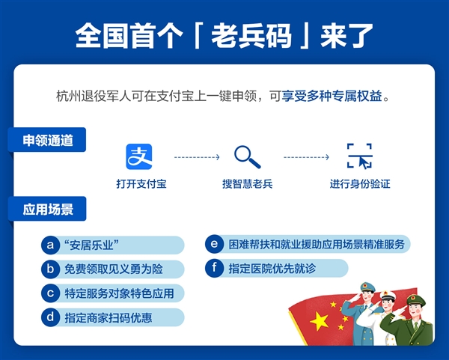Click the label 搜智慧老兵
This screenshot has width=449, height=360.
(x=247, y=183)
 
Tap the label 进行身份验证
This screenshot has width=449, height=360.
(x=360, y=183)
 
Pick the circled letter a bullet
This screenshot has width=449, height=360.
(x=51, y=245)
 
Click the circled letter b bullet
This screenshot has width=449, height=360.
(x=51, y=268)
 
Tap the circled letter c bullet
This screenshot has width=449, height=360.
(x=51, y=292)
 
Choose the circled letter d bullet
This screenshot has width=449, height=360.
(x=51, y=317)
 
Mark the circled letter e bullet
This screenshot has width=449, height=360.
(x=215, y=244)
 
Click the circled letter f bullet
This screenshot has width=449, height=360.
(x=215, y=268)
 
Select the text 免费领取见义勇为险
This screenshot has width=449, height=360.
(x=114, y=268)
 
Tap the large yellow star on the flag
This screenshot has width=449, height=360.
(x=320, y=322)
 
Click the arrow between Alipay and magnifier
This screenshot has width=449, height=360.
(x=196, y=157)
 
